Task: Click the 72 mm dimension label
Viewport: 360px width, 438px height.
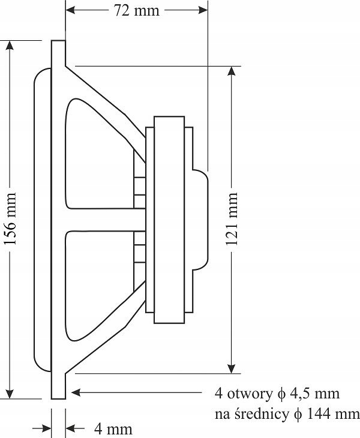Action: click(137, 11)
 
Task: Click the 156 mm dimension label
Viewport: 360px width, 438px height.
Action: click(11, 219)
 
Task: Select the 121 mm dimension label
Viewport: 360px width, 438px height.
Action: click(232, 219)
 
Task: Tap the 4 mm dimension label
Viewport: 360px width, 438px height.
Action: click(113, 429)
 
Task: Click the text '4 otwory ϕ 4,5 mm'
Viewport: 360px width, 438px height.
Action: click(277, 394)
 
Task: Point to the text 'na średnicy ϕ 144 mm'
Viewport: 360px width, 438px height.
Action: click(287, 414)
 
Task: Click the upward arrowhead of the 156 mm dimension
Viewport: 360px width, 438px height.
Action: click(10, 46)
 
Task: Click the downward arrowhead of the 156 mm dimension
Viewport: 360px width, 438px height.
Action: click(10, 394)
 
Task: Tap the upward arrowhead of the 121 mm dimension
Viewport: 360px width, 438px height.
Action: click(231, 71)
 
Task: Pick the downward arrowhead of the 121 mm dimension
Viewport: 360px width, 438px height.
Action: click(231, 369)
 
